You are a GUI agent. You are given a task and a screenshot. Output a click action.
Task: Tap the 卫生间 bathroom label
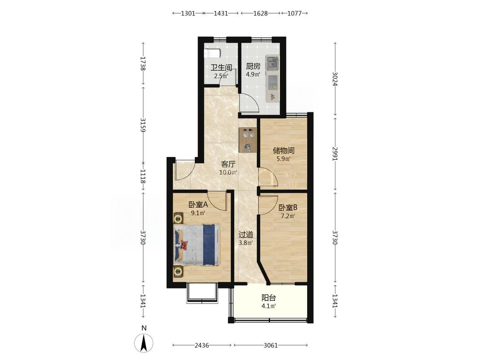coord(221,67)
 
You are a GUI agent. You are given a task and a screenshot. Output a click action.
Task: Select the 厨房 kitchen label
coord(253,67)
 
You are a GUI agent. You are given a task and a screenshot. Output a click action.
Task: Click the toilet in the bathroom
coord(212,53)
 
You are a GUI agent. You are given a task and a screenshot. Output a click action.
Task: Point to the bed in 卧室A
coord(197,244)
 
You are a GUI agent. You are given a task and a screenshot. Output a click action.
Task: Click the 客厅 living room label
coord(228,164)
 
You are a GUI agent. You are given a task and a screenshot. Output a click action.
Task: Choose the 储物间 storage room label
coord(284,151)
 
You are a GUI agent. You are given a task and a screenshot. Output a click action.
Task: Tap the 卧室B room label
coord(288,208)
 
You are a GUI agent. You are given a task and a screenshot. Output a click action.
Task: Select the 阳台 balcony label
coord(269,298)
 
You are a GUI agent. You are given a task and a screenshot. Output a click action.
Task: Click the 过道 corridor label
coord(246,235)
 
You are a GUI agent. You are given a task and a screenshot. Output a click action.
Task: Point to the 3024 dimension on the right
coord(335,79)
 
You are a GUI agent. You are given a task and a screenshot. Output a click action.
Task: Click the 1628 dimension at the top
coord(261,13)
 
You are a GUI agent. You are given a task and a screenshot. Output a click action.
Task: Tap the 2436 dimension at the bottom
coord(202,345)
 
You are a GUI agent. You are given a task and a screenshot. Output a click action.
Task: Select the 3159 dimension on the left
coord(143,125)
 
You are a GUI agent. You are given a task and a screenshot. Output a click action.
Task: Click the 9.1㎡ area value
coord(198,213)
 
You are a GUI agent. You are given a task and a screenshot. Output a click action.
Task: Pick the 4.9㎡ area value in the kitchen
coord(253,74)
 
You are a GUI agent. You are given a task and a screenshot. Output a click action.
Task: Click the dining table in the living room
coord(247,139)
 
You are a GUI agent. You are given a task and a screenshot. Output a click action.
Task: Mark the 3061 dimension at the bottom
coord(271,345)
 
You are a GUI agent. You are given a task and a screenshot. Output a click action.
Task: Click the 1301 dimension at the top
coord(188,13)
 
